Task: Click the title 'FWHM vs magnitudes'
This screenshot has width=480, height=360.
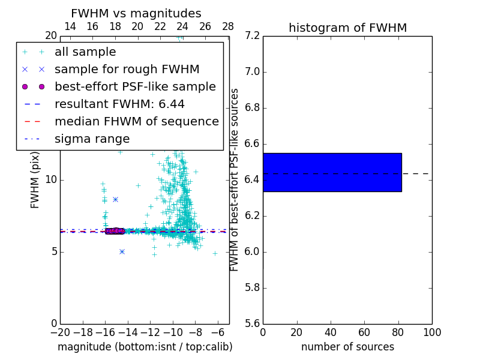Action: (136, 14)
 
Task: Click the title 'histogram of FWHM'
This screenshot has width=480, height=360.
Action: (347, 28)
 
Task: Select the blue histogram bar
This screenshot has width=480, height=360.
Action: (332, 172)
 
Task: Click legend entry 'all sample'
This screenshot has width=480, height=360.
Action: (85, 52)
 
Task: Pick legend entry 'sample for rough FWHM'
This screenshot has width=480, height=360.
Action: (127, 69)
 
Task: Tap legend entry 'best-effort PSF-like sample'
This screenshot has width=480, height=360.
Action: (135, 86)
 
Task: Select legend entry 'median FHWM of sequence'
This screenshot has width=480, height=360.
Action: (136, 121)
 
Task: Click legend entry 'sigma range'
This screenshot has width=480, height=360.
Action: (92, 139)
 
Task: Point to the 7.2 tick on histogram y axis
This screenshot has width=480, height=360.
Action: (252, 36)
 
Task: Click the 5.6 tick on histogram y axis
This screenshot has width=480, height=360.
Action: (252, 323)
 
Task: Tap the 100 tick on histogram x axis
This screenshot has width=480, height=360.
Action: (432, 332)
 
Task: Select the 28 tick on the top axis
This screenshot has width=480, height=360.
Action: (228, 26)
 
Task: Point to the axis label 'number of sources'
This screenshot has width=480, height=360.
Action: (347, 347)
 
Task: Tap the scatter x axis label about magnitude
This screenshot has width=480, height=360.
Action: (145, 347)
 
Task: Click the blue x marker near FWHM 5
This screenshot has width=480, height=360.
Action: (122, 251)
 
